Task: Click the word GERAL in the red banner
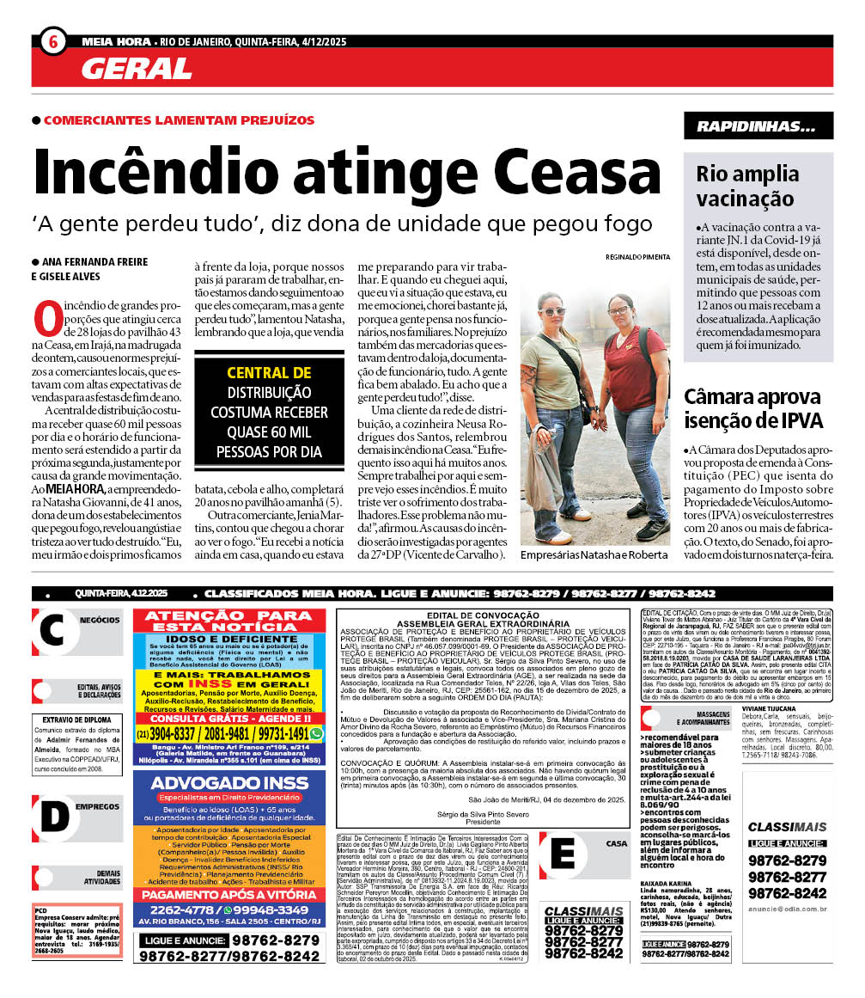pyautogui.click(x=137, y=69)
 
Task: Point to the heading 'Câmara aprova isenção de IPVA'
pyautogui.click(x=753, y=409)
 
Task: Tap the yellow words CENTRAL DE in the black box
pyautogui.click(x=269, y=373)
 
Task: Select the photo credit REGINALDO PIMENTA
pyautogui.click(x=637, y=257)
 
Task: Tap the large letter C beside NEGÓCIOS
pyautogui.click(x=52, y=630)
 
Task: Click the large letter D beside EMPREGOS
pyautogui.click(x=52, y=817)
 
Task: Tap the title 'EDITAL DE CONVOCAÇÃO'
pyautogui.click(x=482, y=615)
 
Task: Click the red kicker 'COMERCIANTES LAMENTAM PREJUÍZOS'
pyautogui.click(x=178, y=120)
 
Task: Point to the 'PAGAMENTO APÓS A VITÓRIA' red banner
pyautogui.click(x=229, y=893)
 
